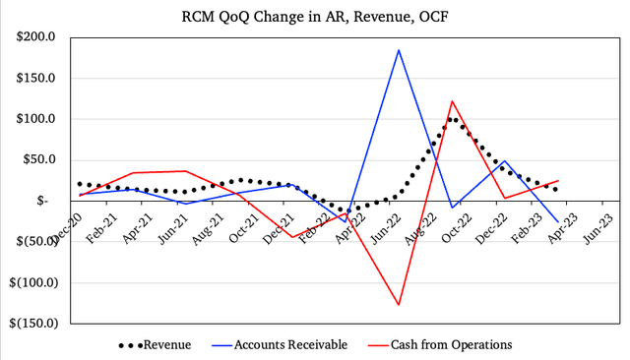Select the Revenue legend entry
click(x=155, y=344)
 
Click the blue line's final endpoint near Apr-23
click(x=558, y=222)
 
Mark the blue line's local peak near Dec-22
click(x=505, y=160)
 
